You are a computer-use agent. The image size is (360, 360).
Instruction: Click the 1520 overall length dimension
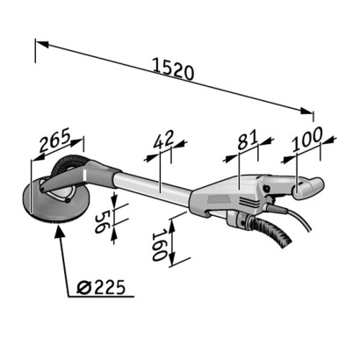173,68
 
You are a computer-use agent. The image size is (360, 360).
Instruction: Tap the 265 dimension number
55,140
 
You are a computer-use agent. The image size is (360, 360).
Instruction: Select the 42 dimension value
164,139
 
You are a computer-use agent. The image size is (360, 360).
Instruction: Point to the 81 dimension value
248,140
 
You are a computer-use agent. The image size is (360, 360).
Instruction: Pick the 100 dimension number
307,139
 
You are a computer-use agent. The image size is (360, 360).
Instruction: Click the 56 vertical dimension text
100,221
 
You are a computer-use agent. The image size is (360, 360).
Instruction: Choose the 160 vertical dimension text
159,245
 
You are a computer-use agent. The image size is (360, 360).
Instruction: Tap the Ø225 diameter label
101,287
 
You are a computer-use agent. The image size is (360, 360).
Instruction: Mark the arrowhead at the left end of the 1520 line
42,44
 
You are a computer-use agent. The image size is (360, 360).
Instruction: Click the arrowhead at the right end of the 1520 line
306,111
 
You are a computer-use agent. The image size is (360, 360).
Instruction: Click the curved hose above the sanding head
68,162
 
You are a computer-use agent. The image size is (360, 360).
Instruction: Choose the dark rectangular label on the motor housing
219,199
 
